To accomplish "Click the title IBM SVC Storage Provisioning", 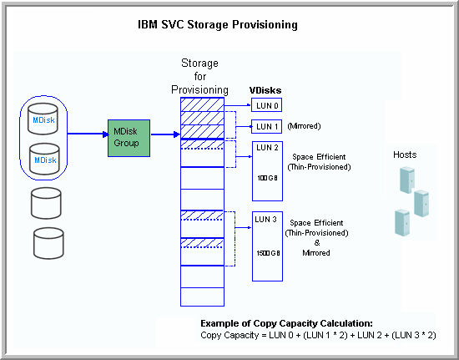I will coord(217,25).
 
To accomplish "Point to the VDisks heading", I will coord(266,89).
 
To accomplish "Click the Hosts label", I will coord(405,155).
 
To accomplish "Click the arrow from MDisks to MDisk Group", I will coord(88,134).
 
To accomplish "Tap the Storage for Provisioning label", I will coord(200,77).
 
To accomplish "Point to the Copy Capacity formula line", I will coord(318,335).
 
